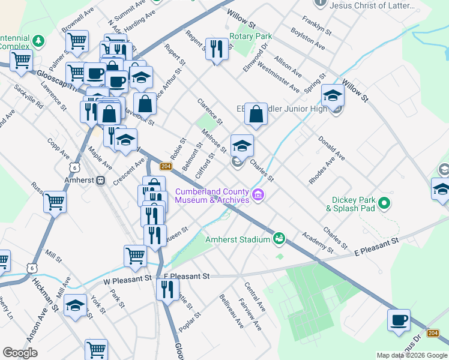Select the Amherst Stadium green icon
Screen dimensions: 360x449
click(x=279, y=239)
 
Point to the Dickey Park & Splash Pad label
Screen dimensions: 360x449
click(x=351, y=205)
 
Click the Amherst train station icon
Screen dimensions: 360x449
click(x=101, y=180)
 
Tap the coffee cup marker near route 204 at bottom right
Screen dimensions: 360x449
click(x=399, y=320)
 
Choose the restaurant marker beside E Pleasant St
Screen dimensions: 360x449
click(x=167, y=290)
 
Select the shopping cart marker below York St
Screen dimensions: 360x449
click(x=96, y=349)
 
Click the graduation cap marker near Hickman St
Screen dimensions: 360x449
click(x=75, y=306)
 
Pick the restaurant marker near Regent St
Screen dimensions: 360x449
click(x=217, y=48)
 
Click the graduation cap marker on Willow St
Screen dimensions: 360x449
click(x=333, y=95)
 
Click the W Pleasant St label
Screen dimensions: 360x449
click(x=127, y=279)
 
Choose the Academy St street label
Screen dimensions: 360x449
click(x=318, y=242)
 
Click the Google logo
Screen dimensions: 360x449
click(x=20, y=353)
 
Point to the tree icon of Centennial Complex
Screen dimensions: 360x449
click(x=39, y=41)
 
